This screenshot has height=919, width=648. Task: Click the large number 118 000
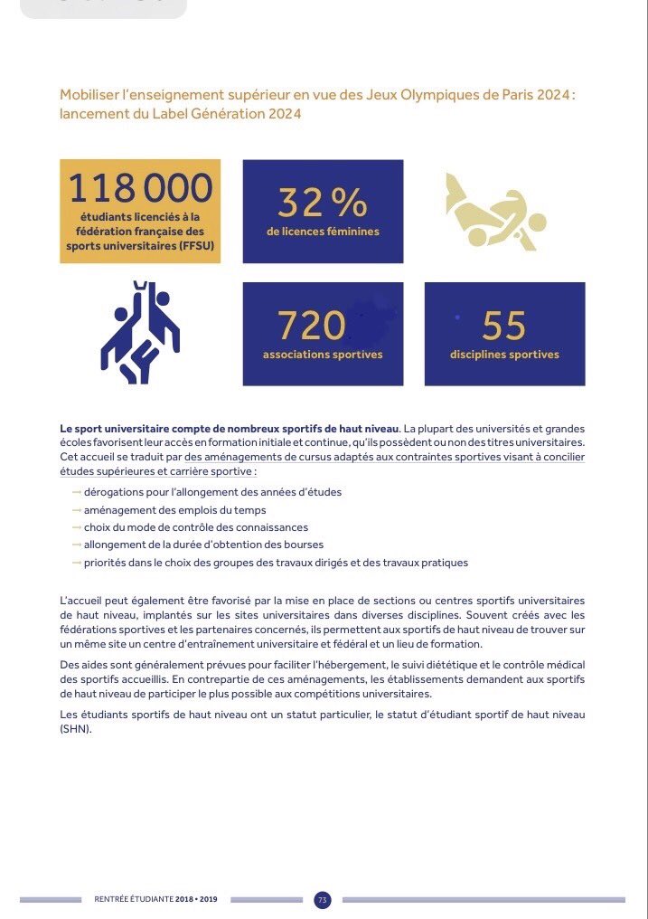[140, 187]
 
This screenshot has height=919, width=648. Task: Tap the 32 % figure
[323, 203]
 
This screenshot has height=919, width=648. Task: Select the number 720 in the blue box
[312, 325]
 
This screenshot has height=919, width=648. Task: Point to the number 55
[504, 325]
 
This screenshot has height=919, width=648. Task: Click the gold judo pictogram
[495, 212]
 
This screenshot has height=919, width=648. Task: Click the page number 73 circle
[323, 900]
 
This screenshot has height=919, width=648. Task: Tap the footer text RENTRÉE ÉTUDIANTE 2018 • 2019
[162, 900]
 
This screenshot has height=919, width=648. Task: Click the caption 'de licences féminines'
[323, 232]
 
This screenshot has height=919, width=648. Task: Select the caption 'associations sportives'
[323, 355]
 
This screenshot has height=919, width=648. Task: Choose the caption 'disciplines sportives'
[504, 355]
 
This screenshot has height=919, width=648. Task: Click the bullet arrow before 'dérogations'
[76, 492]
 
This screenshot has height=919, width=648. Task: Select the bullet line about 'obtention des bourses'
[203, 545]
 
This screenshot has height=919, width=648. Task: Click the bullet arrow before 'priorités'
[76, 563]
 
